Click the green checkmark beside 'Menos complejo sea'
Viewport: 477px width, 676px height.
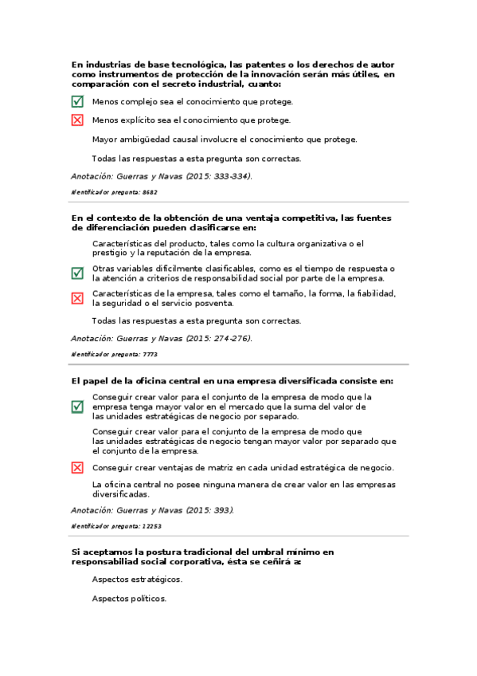point(77,101)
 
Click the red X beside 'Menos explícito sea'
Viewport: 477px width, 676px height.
point(77,120)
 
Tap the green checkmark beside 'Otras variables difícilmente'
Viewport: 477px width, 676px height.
point(77,273)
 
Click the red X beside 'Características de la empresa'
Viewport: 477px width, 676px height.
point(77,298)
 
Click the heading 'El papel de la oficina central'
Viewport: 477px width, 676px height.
point(232,381)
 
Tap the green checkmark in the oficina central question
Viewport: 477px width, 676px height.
point(77,407)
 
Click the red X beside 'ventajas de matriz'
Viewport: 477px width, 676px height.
point(77,468)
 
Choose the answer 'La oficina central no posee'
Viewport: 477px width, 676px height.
point(244,489)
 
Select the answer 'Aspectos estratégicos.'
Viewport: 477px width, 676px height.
point(137,580)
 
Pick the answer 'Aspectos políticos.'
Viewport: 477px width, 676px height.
point(129,599)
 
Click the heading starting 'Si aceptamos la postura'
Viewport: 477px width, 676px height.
point(202,556)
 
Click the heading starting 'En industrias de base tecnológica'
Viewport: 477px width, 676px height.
point(233,74)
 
